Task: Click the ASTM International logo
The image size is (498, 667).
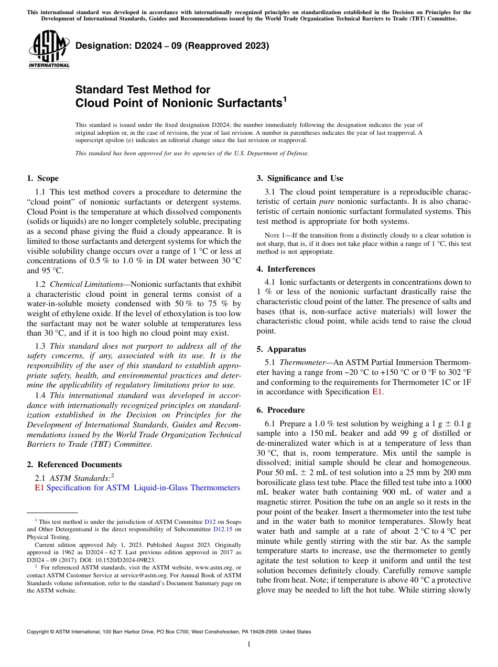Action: point(49,50)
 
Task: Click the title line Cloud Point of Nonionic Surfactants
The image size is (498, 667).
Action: point(179,103)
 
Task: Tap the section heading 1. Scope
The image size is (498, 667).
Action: point(42,178)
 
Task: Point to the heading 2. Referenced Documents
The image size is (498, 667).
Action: point(74,464)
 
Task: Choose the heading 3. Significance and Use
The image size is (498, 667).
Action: point(300,178)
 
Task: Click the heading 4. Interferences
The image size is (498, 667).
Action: point(286,268)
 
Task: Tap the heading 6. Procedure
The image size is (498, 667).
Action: point(280,410)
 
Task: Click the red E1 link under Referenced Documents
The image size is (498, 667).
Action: point(39,488)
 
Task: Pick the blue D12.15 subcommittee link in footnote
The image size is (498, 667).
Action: point(223,529)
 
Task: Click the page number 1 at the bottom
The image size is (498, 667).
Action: point(249,644)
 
